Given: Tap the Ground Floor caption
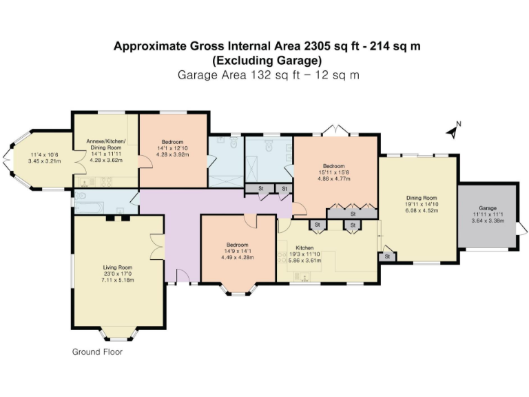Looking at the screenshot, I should click(97, 352).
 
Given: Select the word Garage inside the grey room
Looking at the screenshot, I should click(488, 208).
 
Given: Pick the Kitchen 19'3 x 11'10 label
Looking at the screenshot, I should click(304, 247).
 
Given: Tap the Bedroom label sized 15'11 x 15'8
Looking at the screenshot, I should click(334, 166).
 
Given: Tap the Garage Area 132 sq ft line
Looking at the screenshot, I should click(269, 74).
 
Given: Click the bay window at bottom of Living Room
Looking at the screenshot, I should click(118, 334).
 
